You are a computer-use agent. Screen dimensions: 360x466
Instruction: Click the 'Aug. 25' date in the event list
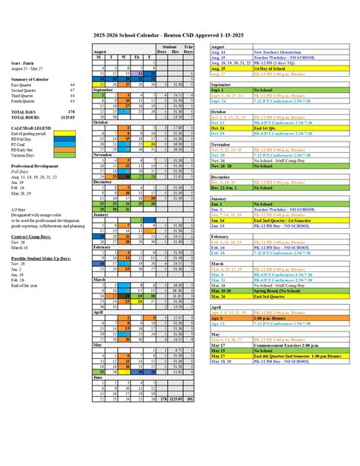tap(221, 68)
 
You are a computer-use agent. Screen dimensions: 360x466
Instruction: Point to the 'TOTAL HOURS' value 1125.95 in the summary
tap(68, 117)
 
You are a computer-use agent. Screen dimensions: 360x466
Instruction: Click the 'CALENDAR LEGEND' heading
tap(32, 128)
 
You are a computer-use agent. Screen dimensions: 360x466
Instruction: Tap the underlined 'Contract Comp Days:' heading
tap(31, 237)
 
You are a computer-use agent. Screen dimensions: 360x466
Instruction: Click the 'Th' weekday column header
tap(138, 57)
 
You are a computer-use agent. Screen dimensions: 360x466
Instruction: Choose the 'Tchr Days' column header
tap(190, 49)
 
